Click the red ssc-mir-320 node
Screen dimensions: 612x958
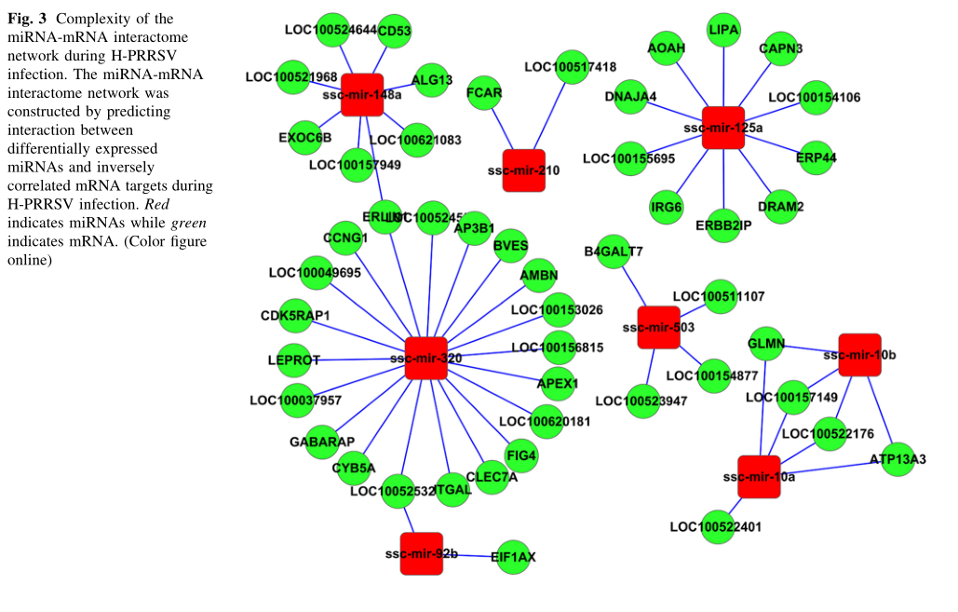tap(426, 359)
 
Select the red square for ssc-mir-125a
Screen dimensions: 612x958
tap(723, 128)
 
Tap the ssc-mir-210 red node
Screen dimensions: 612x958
tap(524, 170)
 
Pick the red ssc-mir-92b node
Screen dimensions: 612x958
tap(422, 553)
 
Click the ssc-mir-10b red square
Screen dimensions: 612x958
tap(859, 355)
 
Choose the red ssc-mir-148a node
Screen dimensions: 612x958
tap(362, 95)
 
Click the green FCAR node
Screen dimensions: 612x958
tap(484, 93)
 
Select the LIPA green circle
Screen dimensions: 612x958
tap(723, 30)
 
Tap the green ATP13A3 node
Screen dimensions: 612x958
tap(897, 458)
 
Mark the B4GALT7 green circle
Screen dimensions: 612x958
tap(614, 252)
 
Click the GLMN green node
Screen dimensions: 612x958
tap(766, 344)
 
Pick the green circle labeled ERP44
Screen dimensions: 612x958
tap(816, 157)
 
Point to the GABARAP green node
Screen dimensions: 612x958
tap(321, 441)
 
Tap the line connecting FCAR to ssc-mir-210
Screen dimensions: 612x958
tap(503, 129)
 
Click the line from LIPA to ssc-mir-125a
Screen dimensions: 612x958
tap(723, 75)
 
